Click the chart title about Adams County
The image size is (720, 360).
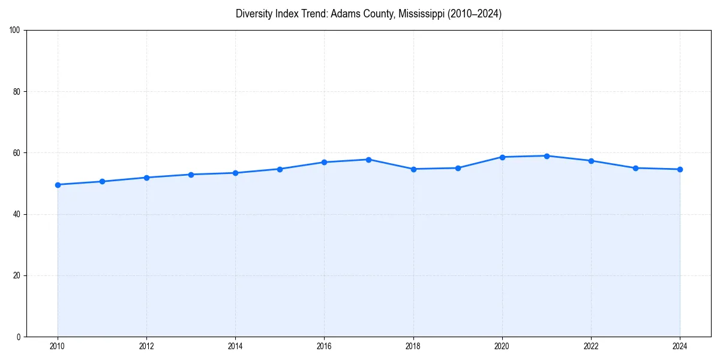click(368, 14)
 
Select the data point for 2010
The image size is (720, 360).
click(58, 185)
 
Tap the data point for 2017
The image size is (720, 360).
click(368, 160)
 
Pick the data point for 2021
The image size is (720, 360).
click(547, 156)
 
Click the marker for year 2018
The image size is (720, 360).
click(413, 169)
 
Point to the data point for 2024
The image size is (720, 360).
click(680, 169)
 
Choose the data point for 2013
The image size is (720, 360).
click(191, 175)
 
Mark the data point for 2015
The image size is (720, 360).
click(280, 169)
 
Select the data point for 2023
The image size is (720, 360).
click(635, 168)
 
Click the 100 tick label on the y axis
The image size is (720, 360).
click(16, 31)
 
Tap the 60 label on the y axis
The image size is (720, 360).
click(17, 153)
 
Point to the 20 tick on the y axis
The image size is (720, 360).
click(17, 275)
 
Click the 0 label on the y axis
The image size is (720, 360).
click(19, 337)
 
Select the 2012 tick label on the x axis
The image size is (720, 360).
click(146, 346)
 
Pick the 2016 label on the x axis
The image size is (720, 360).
click(324, 346)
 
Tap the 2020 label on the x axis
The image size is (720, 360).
click(502, 346)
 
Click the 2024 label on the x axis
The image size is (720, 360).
click(680, 346)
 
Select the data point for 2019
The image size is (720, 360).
click(458, 168)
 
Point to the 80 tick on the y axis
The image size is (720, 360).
click(17, 92)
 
